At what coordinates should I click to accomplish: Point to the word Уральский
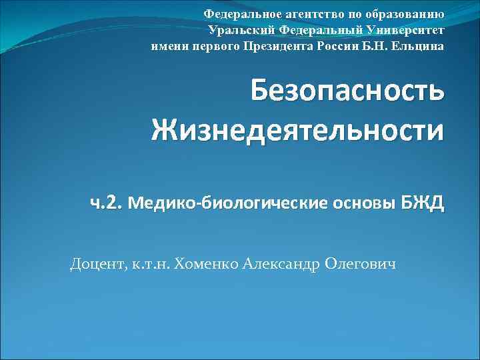241,30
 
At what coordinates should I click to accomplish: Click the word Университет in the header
402,30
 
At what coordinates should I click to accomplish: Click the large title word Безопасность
347,92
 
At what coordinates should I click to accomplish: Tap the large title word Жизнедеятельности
297,129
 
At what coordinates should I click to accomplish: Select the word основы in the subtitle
357,202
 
